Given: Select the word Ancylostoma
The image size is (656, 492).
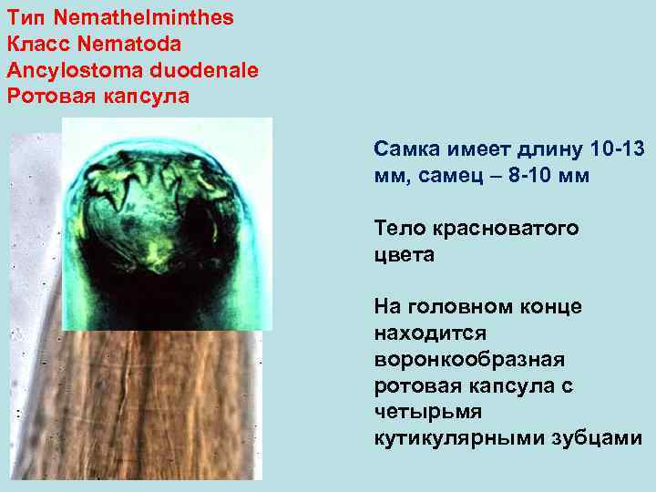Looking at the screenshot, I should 76,69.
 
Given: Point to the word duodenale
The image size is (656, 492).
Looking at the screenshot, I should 205,69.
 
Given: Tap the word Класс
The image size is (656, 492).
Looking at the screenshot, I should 36,43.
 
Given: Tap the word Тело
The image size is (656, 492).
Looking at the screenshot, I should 400,228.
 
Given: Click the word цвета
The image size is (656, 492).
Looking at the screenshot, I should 404,254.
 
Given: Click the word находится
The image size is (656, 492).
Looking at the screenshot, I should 430,333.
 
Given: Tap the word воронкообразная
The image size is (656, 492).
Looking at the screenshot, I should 469,360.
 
